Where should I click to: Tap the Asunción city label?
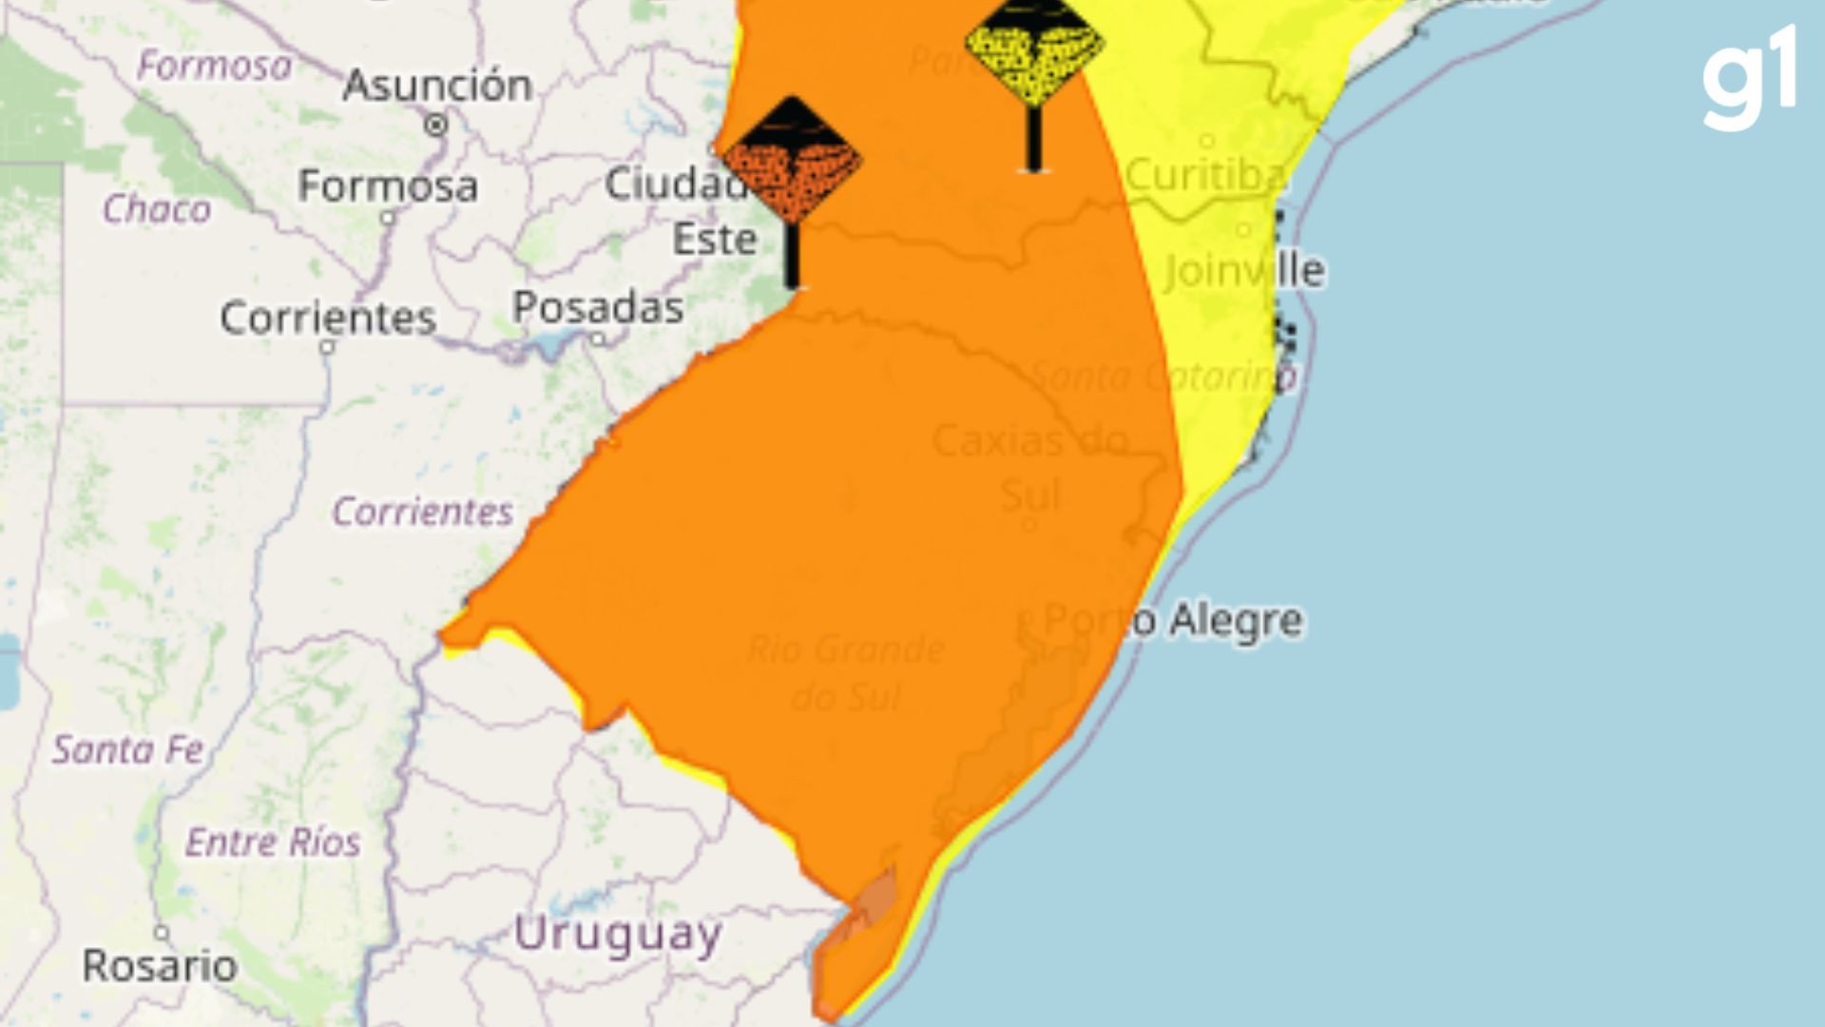click(x=437, y=86)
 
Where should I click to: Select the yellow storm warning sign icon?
click(x=1034, y=43)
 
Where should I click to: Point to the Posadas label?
click(x=598, y=307)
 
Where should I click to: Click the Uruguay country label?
click(x=618, y=935)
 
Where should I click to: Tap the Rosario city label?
click(x=160, y=966)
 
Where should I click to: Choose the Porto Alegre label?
click(x=1174, y=620)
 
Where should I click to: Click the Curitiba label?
click(x=1205, y=175)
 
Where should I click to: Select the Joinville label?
click(x=1244, y=270)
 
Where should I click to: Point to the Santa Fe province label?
click(x=128, y=749)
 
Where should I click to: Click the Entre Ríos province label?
click(x=273, y=842)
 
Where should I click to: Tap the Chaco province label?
click(x=157, y=209)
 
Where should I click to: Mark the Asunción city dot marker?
click(x=436, y=125)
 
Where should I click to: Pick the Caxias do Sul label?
click(x=1030, y=466)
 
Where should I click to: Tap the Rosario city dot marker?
click(x=162, y=933)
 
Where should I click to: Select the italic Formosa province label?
click(x=215, y=66)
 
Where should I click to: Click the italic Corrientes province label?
click(x=422, y=512)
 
